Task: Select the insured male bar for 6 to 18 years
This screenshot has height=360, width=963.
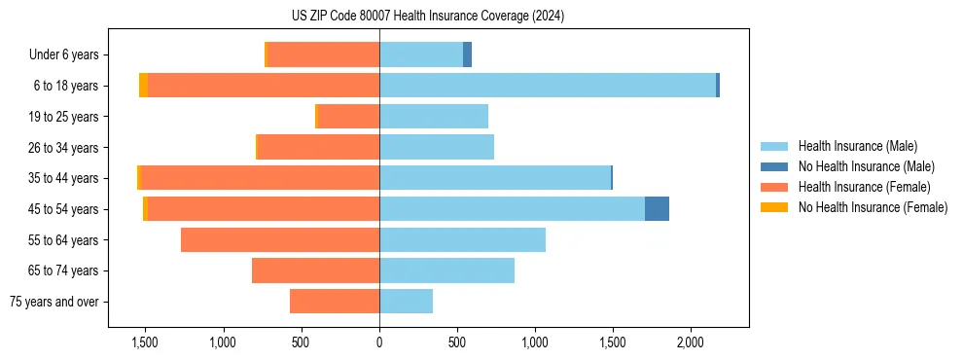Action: pyautogui.click(x=548, y=86)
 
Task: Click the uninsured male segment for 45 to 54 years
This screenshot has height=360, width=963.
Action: pyautogui.click(x=657, y=209)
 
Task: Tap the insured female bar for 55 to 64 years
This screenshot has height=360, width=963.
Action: pyautogui.click(x=280, y=240)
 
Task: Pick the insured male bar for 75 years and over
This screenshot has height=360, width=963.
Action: pyautogui.click(x=406, y=302)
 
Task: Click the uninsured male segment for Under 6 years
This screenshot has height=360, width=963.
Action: pyautogui.click(x=467, y=54)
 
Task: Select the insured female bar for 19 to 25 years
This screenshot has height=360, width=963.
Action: pyautogui.click(x=348, y=117)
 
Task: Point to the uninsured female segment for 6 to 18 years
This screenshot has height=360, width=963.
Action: pyautogui.click(x=143, y=86)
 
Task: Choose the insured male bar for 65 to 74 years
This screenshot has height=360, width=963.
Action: pyautogui.click(x=446, y=270)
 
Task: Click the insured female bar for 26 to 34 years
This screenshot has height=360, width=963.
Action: pyautogui.click(x=318, y=147)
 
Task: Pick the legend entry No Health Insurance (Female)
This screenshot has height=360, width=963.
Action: pyautogui.click(x=873, y=207)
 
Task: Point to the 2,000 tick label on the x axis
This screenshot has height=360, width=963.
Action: pyautogui.click(x=690, y=342)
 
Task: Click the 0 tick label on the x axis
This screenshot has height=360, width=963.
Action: pyautogui.click(x=379, y=342)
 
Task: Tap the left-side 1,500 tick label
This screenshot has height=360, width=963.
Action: pyautogui.click(x=145, y=342)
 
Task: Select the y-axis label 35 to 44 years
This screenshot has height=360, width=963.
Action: pyautogui.click(x=64, y=178)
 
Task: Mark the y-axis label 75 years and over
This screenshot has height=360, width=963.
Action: pyautogui.click(x=53, y=302)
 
